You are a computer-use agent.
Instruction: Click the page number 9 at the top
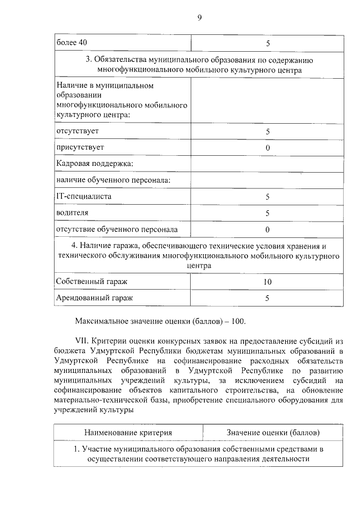tap(199, 17)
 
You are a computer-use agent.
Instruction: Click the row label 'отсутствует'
tap(78, 131)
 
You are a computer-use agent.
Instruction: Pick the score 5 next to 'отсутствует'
tap(268, 132)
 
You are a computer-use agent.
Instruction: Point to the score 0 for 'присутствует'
tap(268, 148)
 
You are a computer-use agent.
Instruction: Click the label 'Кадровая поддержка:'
tap(94, 164)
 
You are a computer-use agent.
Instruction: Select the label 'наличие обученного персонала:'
tap(113, 180)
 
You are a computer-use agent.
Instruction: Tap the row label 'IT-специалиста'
tap(84, 196)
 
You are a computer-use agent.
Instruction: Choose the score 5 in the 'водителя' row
tap(268, 213)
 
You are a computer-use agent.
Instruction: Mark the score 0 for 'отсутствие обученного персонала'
tap(268, 229)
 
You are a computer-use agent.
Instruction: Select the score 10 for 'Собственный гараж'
tap(268, 282)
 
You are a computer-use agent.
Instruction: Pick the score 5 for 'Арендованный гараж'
tap(268, 298)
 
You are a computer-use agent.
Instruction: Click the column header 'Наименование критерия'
tap(128, 433)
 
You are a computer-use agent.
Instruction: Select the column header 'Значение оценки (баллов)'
tap(273, 433)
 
